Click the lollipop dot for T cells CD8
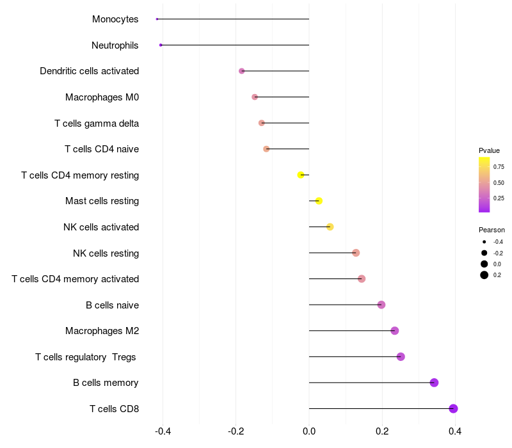453,408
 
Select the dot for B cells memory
434,383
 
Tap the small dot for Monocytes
157,19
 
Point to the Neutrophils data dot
161,45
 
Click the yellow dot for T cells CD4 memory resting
301,175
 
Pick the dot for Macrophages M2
395,331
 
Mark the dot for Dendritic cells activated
241,71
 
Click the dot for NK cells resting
356,253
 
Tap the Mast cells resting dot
319,201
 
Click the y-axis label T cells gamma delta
97,123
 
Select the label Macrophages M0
102,97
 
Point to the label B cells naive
112,305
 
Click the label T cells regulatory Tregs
86,356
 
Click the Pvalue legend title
489,150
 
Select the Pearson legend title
492,230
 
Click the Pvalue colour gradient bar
484,184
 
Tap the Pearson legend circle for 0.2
484,275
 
